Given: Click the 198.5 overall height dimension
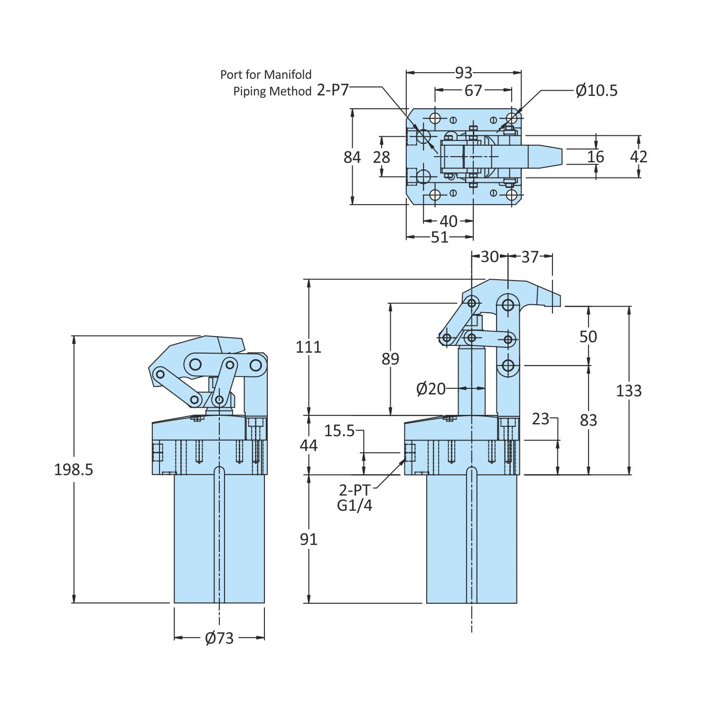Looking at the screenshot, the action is [74, 469].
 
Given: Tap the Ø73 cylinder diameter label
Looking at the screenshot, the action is [219, 638].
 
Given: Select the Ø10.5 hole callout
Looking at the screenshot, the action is [597, 90].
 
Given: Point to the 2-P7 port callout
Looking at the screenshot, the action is [333, 90].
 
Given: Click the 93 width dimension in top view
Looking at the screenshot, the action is [464, 73].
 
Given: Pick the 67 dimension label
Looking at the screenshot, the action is [473, 90].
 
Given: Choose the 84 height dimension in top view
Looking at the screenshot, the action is [352, 157].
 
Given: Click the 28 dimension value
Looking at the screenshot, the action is [382, 157].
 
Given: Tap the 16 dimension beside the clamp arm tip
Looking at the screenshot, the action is [596, 157].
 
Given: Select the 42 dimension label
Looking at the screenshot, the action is [638, 157].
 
